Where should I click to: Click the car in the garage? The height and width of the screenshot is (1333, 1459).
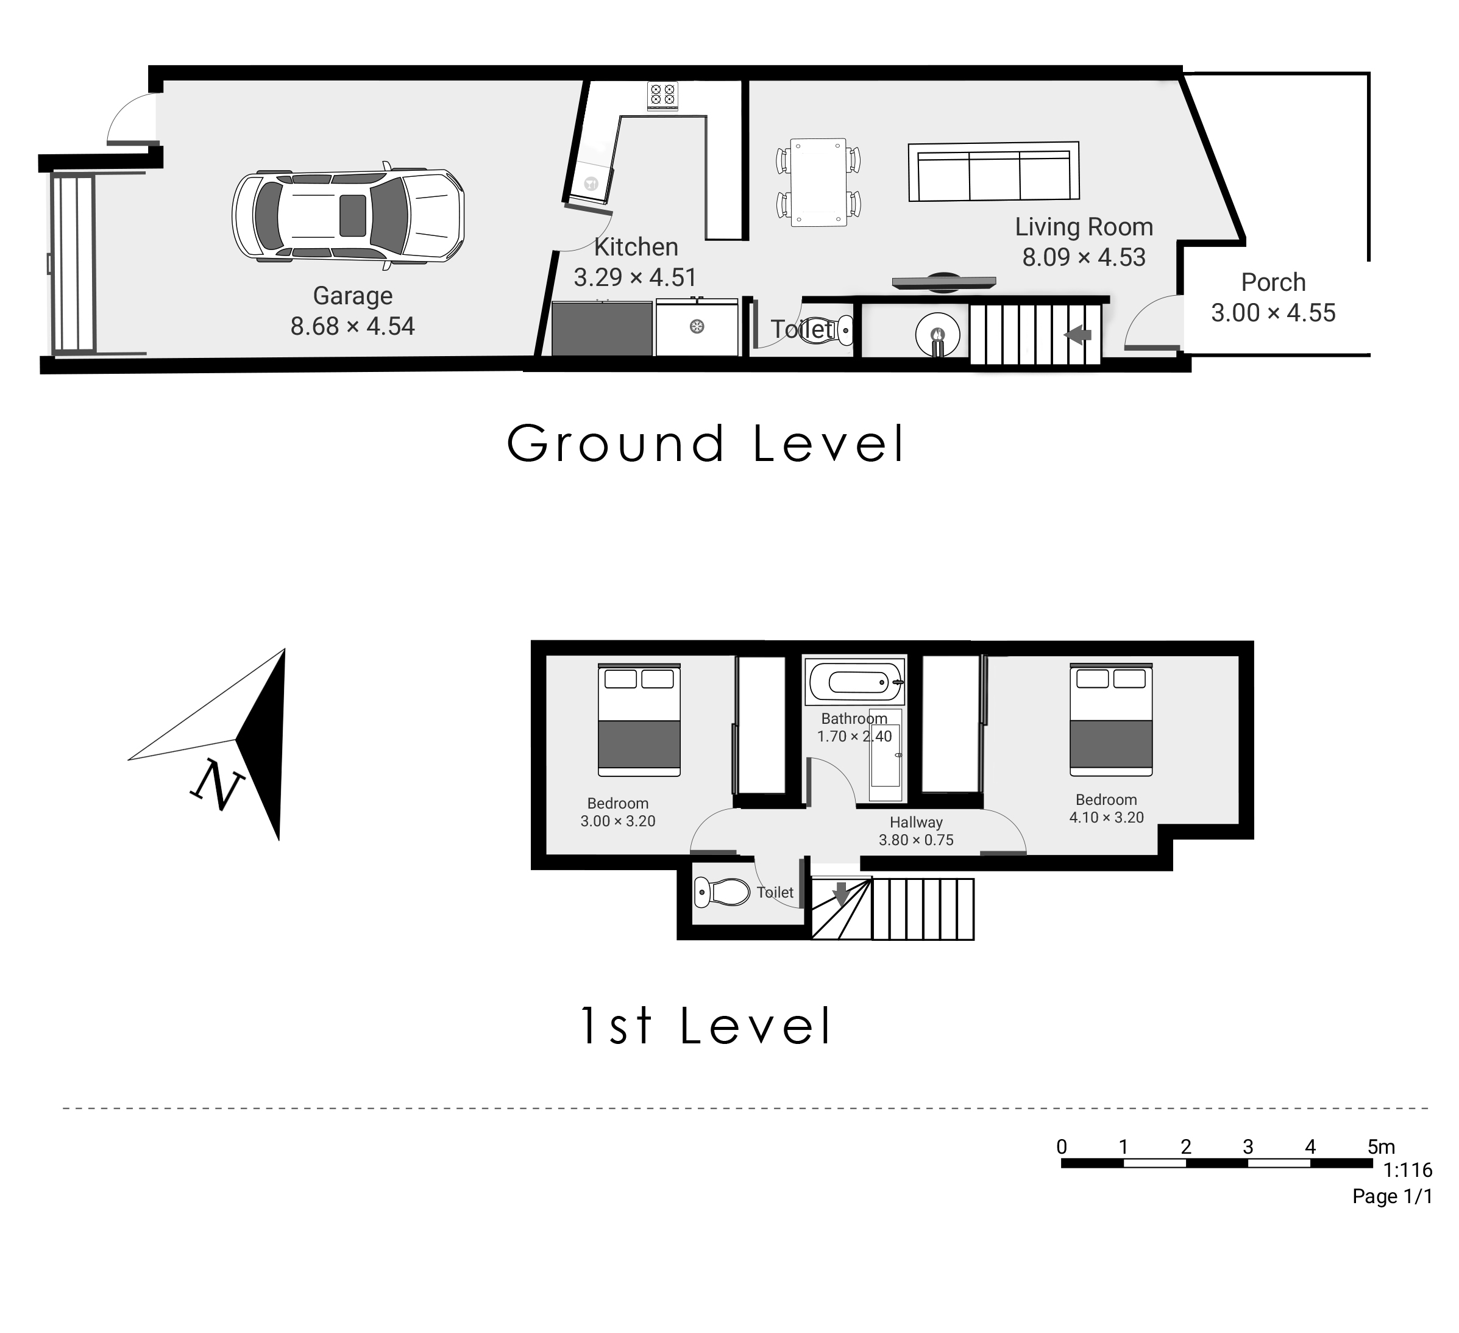pyautogui.click(x=348, y=215)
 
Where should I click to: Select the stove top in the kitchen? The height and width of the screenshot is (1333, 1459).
pyautogui.click(x=663, y=95)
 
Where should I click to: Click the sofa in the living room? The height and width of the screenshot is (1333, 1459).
pyautogui.click(x=993, y=171)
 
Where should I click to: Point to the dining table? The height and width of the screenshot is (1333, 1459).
pyautogui.click(x=818, y=182)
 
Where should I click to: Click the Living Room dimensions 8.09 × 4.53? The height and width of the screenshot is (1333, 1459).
pyautogui.click(x=1084, y=257)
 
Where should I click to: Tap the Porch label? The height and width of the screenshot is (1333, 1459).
pyautogui.click(x=1274, y=282)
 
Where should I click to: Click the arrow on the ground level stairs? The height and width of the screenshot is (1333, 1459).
pyautogui.click(x=1077, y=335)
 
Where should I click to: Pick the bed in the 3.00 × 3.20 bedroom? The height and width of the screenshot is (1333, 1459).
pyautogui.click(x=639, y=720)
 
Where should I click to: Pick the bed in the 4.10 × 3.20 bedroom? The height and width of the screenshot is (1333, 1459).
pyautogui.click(x=1111, y=720)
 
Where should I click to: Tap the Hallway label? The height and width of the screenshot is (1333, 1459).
pyautogui.click(x=916, y=822)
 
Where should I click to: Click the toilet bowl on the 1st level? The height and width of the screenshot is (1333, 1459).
pyautogui.click(x=722, y=892)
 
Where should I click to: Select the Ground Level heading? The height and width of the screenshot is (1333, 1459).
pyautogui.click(x=706, y=443)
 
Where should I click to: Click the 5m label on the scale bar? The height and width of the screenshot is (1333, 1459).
pyautogui.click(x=1381, y=1146)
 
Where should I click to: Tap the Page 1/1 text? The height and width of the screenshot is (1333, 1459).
pyautogui.click(x=1393, y=1196)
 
